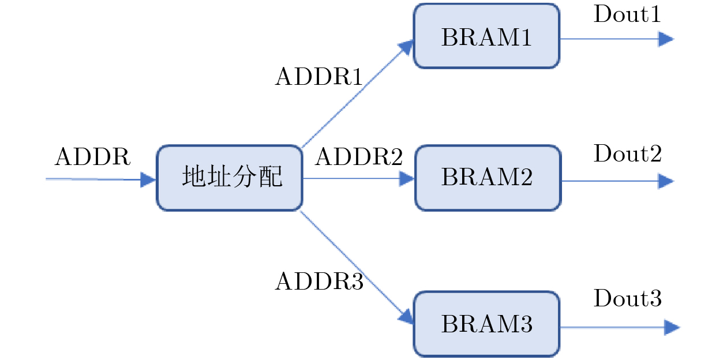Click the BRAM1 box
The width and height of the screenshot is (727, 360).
(x=486, y=36)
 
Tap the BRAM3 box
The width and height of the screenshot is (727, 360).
(x=486, y=324)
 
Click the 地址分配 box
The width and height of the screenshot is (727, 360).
(x=230, y=178)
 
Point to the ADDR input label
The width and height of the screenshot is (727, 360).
(x=93, y=157)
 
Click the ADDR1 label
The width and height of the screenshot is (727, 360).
(x=318, y=77)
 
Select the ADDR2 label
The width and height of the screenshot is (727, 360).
(x=358, y=157)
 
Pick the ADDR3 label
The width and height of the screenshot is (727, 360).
(x=319, y=282)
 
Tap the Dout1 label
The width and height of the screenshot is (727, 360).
(x=627, y=14)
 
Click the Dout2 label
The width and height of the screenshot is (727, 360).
(x=628, y=154)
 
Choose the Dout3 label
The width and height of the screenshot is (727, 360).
(x=628, y=299)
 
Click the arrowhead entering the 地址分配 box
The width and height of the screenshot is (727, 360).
(x=148, y=180)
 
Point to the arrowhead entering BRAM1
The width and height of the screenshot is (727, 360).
(x=407, y=47)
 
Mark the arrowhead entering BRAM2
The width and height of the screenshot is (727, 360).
(x=407, y=178)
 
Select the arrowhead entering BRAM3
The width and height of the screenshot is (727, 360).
(x=407, y=316)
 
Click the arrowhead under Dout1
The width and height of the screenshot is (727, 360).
(x=666, y=39)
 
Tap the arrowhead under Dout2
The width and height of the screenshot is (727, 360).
(x=666, y=181)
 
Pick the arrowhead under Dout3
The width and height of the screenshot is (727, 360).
(x=672, y=328)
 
